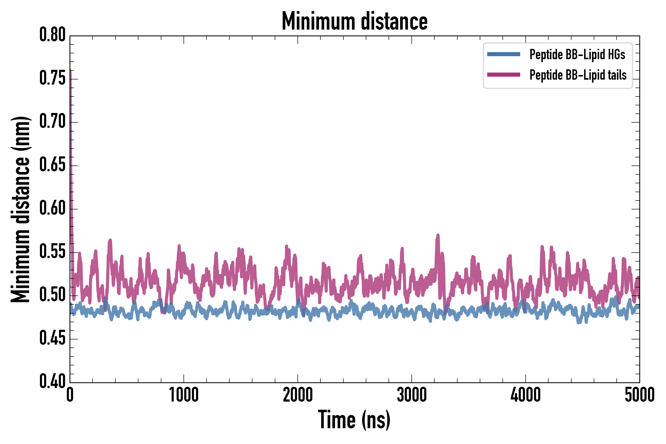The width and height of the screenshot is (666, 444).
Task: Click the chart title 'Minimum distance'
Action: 354,21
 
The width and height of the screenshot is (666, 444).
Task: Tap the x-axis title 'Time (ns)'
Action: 354,420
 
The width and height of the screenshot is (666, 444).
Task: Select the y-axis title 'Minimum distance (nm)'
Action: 20,209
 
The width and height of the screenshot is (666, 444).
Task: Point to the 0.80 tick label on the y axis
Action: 52,35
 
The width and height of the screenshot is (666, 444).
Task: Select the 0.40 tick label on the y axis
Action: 52,381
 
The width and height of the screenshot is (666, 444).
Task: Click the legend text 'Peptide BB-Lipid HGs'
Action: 577,54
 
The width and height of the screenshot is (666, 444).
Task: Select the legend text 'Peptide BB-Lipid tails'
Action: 578,75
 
